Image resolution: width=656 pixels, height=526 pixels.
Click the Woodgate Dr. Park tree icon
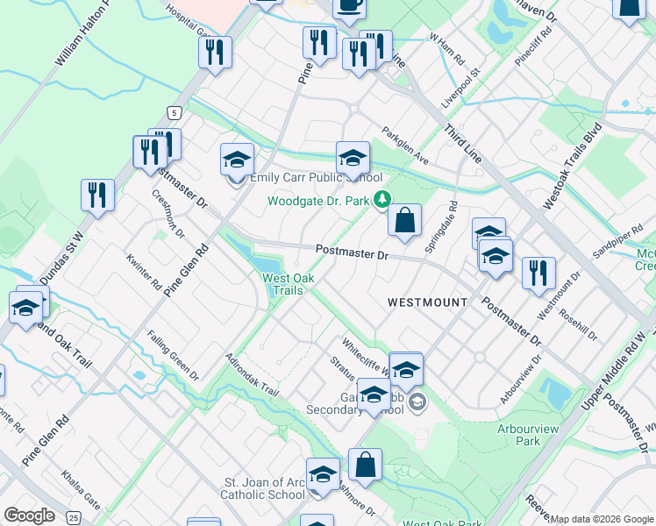tap(381, 200)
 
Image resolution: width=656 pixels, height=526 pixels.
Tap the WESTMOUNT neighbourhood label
tap(427, 302)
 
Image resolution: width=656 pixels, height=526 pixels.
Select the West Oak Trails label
tap(282, 285)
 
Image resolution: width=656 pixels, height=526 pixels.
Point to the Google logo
tap(29, 515)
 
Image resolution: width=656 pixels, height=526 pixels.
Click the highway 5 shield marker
tap(175, 113)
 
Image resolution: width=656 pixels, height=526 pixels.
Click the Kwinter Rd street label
tap(144, 272)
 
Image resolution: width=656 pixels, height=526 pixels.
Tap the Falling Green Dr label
tap(173, 354)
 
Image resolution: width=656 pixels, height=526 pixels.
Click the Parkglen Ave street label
tap(404, 146)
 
